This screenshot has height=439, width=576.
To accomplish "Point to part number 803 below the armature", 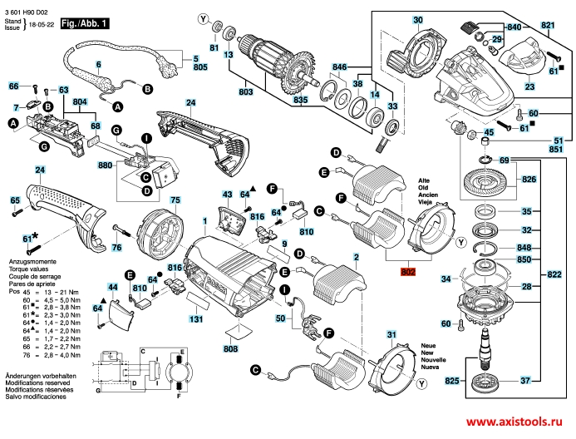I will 246,91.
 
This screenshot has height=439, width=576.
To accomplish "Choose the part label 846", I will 339,66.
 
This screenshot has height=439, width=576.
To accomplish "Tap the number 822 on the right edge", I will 554,274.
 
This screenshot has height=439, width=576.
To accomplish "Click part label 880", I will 105,165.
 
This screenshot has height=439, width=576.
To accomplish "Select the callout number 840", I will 514,28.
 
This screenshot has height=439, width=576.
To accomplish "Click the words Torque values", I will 29,270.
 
